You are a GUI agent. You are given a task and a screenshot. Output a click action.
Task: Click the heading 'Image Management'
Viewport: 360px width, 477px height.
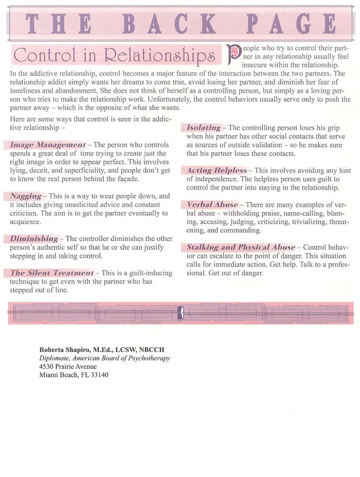48,145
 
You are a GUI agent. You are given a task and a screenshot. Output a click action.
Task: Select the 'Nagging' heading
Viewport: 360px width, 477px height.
26,196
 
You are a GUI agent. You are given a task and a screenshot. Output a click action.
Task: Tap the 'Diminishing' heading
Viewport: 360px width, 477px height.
34,239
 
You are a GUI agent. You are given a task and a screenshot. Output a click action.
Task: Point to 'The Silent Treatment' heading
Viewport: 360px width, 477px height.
52,273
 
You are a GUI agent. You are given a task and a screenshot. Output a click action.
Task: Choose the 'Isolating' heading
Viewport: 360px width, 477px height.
204,128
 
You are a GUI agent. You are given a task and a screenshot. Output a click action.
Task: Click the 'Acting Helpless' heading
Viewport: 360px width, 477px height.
217,170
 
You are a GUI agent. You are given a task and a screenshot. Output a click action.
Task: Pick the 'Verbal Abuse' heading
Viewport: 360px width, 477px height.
212,205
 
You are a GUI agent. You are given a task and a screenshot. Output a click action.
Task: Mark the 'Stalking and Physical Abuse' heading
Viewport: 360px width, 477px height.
241,248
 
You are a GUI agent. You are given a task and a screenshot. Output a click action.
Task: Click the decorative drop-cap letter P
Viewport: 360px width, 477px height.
234,55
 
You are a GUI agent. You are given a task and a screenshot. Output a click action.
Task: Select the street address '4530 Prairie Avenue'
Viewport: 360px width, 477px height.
68,367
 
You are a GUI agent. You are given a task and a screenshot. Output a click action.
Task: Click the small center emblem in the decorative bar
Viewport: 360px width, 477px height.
180,313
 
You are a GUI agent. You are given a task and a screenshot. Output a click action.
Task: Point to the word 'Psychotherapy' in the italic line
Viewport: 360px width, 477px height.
149,358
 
